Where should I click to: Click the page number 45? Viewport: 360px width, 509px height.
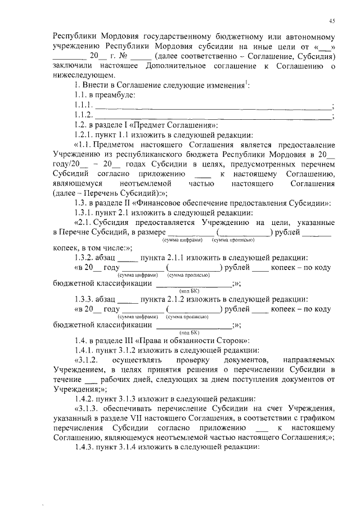pyautogui.click(x=332, y=21)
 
